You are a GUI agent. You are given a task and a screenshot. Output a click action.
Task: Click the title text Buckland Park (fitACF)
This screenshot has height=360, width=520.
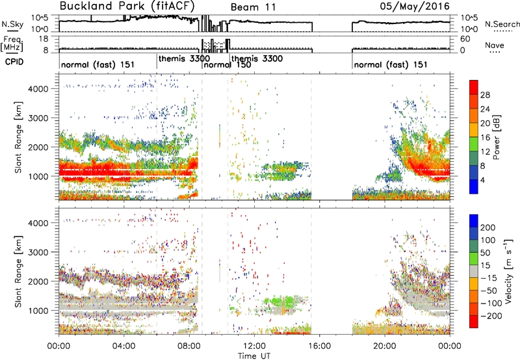point(127,6)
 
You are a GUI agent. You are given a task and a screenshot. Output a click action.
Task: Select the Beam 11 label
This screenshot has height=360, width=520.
point(253,7)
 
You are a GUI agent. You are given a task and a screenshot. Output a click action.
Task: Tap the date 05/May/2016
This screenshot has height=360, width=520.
point(415,6)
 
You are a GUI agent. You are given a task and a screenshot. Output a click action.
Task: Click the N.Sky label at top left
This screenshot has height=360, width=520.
point(12,24)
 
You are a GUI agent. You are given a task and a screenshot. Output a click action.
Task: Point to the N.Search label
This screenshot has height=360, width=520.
point(502,24)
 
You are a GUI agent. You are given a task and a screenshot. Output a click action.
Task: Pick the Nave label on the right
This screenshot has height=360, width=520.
point(494,45)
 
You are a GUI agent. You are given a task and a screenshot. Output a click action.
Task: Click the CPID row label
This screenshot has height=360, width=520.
point(14,62)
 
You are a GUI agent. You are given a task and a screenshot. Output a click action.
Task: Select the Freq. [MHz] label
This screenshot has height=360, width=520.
point(12,44)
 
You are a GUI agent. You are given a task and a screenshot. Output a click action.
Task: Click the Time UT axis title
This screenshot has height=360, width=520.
point(254,356)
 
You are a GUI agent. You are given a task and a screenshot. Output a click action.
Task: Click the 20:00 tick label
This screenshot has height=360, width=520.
point(385,346)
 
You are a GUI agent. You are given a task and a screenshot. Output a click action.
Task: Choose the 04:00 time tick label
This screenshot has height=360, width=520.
point(124,346)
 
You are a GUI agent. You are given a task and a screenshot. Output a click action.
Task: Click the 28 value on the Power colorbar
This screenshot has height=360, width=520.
point(485,95)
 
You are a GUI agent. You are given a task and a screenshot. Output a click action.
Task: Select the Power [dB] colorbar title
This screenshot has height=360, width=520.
point(497,137)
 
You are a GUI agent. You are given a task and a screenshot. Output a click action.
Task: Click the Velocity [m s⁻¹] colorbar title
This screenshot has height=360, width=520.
point(508,271)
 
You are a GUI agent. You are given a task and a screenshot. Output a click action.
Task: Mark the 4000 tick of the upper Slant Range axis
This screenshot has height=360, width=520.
point(38,89)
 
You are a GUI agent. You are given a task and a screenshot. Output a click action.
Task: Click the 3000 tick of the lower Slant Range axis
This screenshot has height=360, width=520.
point(38,252)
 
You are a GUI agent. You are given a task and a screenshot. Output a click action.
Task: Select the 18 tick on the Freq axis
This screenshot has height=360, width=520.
point(44,39)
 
